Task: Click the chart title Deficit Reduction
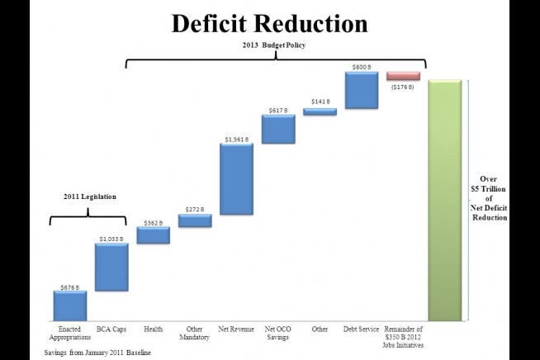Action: click(x=270, y=24)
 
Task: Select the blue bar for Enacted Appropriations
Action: click(x=70, y=305)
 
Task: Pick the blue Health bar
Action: click(x=153, y=235)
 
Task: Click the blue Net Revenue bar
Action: click(x=236, y=179)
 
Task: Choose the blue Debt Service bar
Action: click(x=361, y=90)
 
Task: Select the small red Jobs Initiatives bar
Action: click(x=403, y=76)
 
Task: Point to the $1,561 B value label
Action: click(x=236, y=139)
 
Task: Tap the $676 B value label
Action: click(x=70, y=287)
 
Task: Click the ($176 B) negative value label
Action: click(x=403, y=87)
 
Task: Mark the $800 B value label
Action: click(x=361, y=66)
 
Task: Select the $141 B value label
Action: click(x=320, y=102)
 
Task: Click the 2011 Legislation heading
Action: click(x=90, y=197)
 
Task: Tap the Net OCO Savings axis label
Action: click(x=277, y=333)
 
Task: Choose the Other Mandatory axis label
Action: click(x=195, y=333)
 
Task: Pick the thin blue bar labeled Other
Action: click(x=320, y=112)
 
